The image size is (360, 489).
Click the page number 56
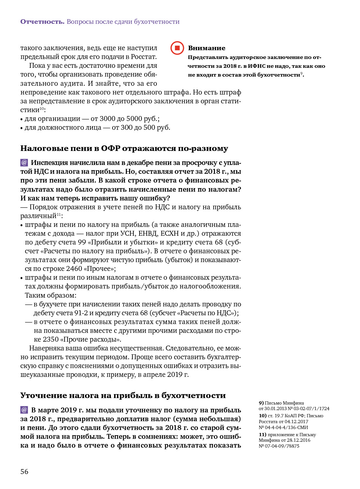[24, 472]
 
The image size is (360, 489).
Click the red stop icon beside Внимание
[177, 48]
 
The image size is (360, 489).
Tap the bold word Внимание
[207, 48]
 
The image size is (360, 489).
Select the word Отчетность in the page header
[42, 22]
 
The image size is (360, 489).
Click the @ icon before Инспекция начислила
[24, 162]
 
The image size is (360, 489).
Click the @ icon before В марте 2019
[24, 410]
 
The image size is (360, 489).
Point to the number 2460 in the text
[74, 269]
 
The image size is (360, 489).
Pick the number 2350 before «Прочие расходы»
[51, 339]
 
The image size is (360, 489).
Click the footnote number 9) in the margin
[261, 403]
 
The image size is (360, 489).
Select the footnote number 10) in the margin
[262, 416]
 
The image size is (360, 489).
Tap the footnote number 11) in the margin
[262, 435]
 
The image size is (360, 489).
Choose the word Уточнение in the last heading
[42, 396]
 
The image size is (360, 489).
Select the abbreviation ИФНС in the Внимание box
[256, 66]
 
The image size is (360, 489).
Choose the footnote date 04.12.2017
[296, 422]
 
